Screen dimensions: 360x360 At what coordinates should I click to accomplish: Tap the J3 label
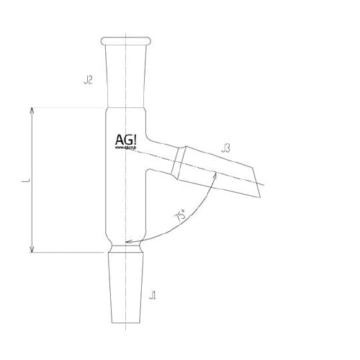point(225,149)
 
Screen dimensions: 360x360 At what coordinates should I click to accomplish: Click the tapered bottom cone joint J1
point(129,288)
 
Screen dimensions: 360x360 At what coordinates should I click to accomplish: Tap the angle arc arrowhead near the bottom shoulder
point(127,243)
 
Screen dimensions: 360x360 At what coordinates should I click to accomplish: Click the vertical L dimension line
point(31,180)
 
